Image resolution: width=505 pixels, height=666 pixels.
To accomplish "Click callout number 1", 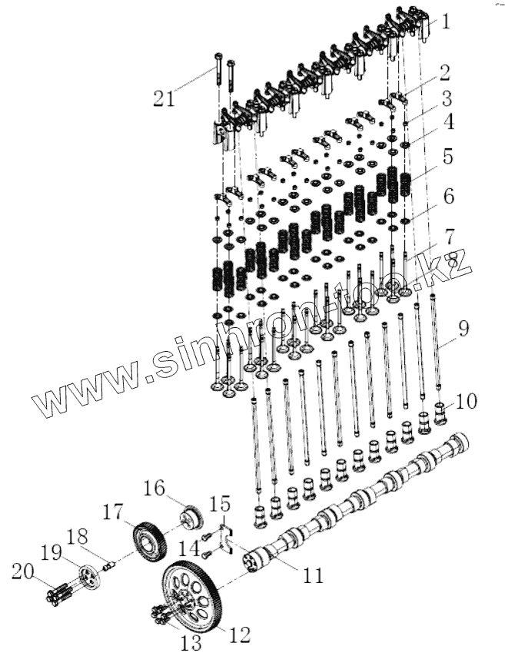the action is click(445, 22).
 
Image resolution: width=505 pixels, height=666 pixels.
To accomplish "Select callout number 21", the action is click(164, 98).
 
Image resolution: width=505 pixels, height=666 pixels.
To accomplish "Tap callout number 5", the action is click(447, 157).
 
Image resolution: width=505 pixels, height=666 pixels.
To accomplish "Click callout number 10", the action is click(466, 400).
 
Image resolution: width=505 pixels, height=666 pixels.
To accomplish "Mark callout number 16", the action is click(154, 488).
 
